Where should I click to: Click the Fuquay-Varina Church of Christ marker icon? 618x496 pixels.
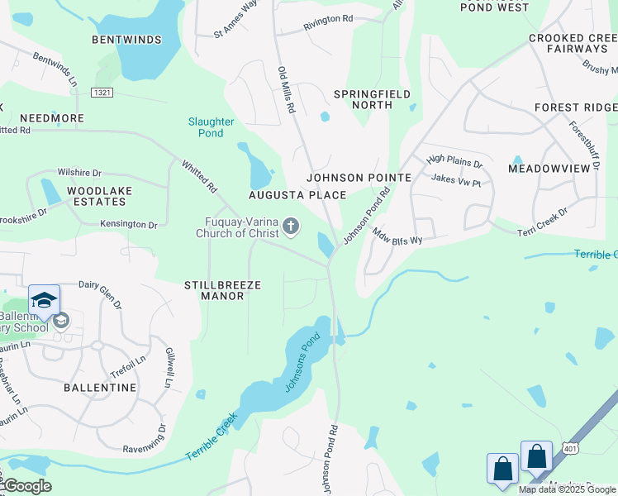(291, 226)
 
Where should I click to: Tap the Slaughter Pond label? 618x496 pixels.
(211, 127)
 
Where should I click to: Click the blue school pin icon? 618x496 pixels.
(44, 300)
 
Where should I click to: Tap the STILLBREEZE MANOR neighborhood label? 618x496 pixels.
(222, 290)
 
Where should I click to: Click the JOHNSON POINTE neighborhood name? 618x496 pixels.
(359, 178)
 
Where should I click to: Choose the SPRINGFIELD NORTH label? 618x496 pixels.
(372, 100)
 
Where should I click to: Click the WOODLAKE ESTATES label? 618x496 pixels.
(100, 196)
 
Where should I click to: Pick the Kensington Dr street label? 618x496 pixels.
(129, 224)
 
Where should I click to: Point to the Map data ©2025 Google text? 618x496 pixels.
(568, 489)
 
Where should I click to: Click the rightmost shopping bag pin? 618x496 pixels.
(536, 456)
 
